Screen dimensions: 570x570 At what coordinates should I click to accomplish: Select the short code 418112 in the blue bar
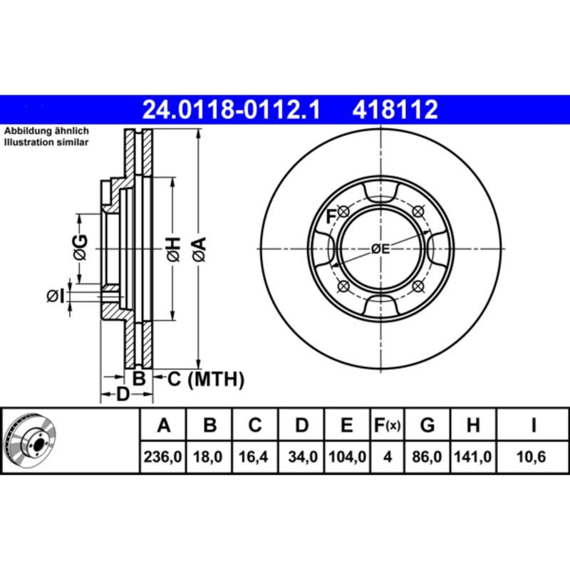pyautogui.click(x=393, y=110)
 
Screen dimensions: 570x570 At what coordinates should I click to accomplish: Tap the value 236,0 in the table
pyautogui.click(x=163, y=456)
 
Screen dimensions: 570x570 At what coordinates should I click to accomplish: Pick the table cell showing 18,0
pyautogui.click(x=209, y=456)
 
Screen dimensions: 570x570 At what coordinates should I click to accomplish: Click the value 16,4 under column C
pyautogui.click(x=255, y=456)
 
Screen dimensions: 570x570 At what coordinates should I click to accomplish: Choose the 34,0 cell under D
pyautogui.click(x=301, y=456)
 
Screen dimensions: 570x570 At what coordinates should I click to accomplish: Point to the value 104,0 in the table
pyautogui.click(x=347, y=456)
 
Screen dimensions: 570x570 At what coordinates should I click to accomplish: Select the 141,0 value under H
pyautogui.click(x=472, y=456)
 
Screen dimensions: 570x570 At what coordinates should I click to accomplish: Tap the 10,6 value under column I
pyautogui.click(x=532, y=456)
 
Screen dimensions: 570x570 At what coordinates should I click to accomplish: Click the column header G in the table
pyautogui.click(x=427, y=426)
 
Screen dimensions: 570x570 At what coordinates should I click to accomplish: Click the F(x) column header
pyautogui.click(x=388, y=426)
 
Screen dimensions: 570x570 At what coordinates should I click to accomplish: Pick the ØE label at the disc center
pyautogui.click(x=381, y=249)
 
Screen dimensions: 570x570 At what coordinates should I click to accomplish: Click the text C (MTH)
pyautogui.click(x=205, y=379)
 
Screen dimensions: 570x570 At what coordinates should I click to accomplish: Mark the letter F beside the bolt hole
pyautogui.click(x=331, y=216)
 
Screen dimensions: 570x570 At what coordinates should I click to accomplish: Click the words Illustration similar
pyautogui.click(x=46, y=142)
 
